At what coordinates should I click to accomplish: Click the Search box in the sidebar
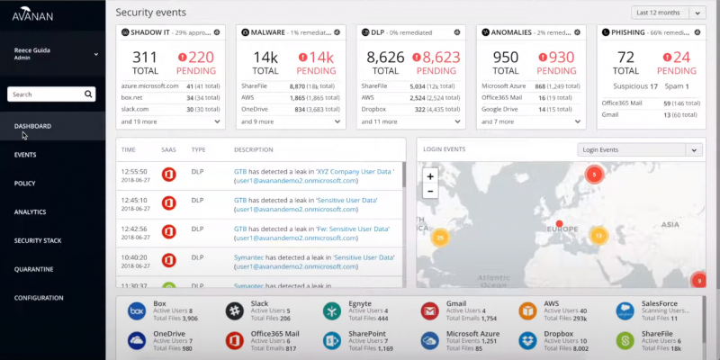[x=49, y=94]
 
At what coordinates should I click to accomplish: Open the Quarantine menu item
[x=33, y=269]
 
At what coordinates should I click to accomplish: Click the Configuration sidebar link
[x=39, y=298]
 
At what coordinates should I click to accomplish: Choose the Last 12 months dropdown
[x=669, y=13]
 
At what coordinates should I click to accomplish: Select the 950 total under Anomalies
[x=507, y=58]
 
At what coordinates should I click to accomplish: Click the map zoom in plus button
[x=430, y=176]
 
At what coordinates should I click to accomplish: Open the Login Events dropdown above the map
[x=639, y=150]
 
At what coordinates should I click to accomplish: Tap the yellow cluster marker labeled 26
[x=440, y=238]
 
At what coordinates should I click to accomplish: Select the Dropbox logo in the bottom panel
[x=527, y=340]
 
